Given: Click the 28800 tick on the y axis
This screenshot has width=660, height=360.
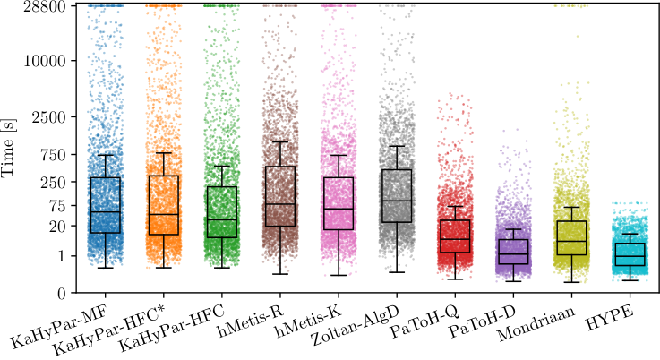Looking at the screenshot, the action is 45,7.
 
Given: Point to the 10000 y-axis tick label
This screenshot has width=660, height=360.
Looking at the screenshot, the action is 45,62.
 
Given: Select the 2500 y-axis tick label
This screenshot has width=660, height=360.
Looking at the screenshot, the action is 49,117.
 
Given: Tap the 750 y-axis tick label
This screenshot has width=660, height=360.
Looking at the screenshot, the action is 54,155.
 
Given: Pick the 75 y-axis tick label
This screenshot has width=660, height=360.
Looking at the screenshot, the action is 58,206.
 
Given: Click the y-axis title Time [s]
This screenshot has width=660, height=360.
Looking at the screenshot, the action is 8,148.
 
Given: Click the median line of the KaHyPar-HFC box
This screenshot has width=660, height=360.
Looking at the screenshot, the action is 222,219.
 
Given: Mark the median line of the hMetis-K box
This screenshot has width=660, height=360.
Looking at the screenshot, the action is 339,209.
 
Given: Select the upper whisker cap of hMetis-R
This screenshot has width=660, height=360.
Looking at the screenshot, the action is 280,141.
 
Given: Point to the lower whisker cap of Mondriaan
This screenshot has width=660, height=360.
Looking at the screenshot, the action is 571,282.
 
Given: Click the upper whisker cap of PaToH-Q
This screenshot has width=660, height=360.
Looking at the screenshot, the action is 456,206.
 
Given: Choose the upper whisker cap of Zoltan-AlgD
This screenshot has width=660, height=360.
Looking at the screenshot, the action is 397,146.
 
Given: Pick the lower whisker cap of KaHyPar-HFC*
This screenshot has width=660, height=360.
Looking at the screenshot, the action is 164,268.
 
